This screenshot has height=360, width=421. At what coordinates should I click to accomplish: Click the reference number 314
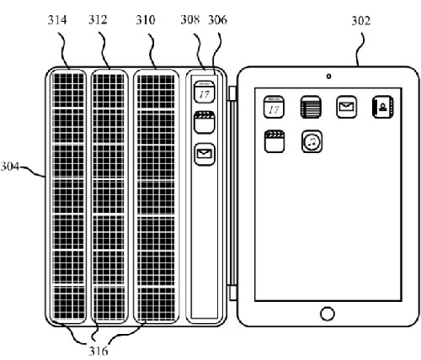click(x=57, y=20)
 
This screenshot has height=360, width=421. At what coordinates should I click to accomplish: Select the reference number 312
click(x=98, y=20)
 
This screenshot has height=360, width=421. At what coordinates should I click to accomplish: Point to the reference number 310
click(x=146, y=20)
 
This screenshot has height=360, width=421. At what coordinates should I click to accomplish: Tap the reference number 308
click(x=190, y=19)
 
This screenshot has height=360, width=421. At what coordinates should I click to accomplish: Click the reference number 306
click(x=217, y=19)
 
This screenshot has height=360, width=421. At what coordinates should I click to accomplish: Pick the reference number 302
click(x=361, y=21)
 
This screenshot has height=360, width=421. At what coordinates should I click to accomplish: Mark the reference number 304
click(x=10, y=167)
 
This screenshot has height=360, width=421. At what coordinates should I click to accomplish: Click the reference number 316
click(x=99, y=351)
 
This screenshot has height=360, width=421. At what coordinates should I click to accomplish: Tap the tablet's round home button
click(x=328, y=314)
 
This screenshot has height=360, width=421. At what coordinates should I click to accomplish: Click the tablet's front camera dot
click(x=328, y=76)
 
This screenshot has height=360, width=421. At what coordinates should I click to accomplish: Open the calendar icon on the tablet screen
click(x=274, y=107)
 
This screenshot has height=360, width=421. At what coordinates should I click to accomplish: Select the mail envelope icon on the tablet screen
click(x=347, y=107)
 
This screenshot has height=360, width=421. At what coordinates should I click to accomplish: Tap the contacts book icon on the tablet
click(x=382, y=107)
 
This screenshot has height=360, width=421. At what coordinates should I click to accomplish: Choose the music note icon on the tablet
click(x=312, y=141)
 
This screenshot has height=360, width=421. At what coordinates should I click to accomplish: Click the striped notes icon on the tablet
click(x=311, y=107)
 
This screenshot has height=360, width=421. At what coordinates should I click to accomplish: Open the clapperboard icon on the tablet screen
click(x=274, y=141)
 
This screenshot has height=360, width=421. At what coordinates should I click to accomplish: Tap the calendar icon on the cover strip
click(x=205, y=92)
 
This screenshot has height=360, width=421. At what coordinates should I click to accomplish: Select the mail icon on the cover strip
click(x=205, y=154)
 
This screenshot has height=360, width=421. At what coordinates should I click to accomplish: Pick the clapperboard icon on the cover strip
click(x=205, y=123)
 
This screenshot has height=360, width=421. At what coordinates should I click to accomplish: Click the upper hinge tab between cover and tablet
click(x=232, y=93)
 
